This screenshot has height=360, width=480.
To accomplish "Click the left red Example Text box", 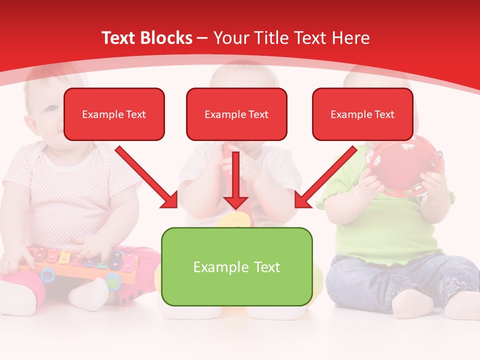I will pyautogui.click(x=114, y=114).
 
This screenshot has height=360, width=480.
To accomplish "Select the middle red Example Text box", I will pyautogui.click(x=236, y=114).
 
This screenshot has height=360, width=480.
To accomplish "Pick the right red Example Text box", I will pyautogui.click(x=362, y=114).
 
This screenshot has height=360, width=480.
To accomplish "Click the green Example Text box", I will pyautogui.click(x=236, y=266).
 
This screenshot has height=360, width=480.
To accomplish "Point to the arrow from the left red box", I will pyautogui.click(x=147, y=178).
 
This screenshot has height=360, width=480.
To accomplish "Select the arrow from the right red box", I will pyautogui.click(x=325, y=178).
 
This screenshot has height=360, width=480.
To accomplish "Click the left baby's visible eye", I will pyautogui.click(x=51, y=107).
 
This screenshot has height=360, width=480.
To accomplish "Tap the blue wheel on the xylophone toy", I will pyautogui.click(x=47, y=273).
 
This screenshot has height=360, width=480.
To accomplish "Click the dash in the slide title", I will pyautogui.click(x=202, y=38).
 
